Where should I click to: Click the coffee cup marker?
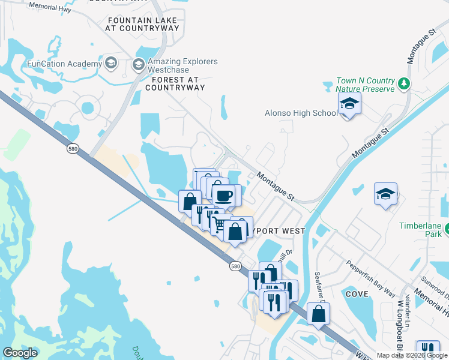click(x=224, y=196)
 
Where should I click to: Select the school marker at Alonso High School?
click(x=349, y=104)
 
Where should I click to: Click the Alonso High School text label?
click(x=301, y=113)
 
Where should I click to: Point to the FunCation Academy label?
click(x=64, y=64)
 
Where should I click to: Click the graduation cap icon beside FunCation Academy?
click(x=110, y=62)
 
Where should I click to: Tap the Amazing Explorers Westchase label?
click(x=182, y=65)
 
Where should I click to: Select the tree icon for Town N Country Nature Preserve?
click(x=405, y=85)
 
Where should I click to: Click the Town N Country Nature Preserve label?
click(x=366, y=85)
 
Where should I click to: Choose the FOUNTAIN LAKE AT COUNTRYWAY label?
click(x=143, y=24)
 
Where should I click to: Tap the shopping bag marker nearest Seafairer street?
click(x=318, y=314)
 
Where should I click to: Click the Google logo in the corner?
click(x=20, y=353)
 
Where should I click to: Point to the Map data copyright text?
click(x=412, y=355)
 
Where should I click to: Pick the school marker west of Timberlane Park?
click(x=385, y=194)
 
